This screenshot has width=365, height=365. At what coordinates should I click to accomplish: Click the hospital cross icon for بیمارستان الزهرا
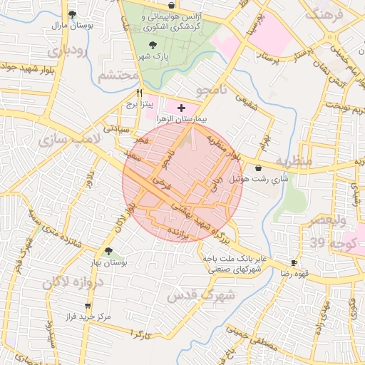[x=181, y=107]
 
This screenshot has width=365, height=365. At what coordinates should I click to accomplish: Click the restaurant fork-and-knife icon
[x=139, y=93]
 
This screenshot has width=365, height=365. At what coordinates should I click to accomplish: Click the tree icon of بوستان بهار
[x=108, y=251]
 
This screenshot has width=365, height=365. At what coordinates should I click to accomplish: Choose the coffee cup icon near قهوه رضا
[x=293, y=263]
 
